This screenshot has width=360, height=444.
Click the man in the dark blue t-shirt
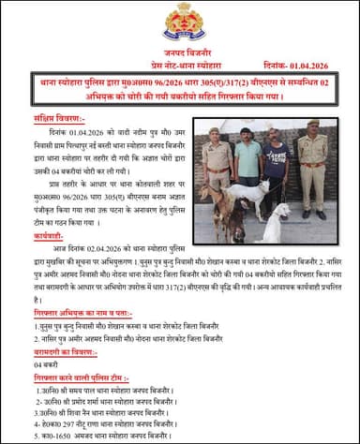pos(275,164)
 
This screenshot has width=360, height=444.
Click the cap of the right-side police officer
pos(312,123)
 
